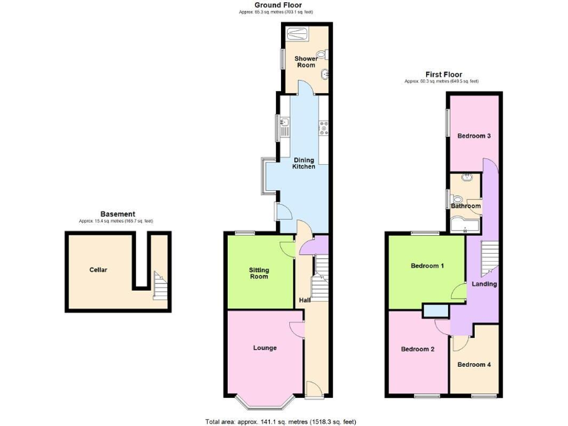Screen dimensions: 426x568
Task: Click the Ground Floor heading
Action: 277,5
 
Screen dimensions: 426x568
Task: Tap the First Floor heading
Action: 444,74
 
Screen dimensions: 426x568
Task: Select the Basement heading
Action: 117,214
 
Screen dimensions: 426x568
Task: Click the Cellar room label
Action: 98,270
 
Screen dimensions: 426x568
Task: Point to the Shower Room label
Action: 306,62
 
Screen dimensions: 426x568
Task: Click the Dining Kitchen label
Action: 304,163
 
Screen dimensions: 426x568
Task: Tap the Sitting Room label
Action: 259,272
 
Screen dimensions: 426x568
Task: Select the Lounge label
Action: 264,348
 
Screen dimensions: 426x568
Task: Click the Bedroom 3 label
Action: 473,136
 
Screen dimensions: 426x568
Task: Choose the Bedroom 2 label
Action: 417,349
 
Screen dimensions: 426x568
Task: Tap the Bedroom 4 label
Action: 473,365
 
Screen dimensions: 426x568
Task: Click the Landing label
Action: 484,284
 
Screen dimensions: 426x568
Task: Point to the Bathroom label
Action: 467,206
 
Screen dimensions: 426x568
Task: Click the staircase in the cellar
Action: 160,285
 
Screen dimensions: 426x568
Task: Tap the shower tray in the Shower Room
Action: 297,33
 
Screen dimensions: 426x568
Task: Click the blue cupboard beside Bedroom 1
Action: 436,311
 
